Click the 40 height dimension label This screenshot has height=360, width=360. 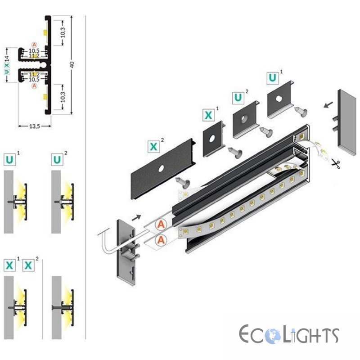72,64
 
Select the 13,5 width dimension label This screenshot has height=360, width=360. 35,126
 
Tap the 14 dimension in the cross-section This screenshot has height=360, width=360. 7,58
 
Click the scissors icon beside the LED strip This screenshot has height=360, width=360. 335,164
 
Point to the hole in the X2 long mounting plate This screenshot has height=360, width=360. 161,169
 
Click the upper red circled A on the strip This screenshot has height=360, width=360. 161,224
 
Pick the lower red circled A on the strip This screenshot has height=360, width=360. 161,240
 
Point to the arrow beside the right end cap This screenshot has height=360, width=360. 328,105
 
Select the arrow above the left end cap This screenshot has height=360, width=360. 136,217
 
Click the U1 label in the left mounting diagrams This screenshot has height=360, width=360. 9,160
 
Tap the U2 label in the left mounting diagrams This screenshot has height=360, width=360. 57,160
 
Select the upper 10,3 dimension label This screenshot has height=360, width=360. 63,32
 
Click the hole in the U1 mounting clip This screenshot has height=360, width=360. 279,99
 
